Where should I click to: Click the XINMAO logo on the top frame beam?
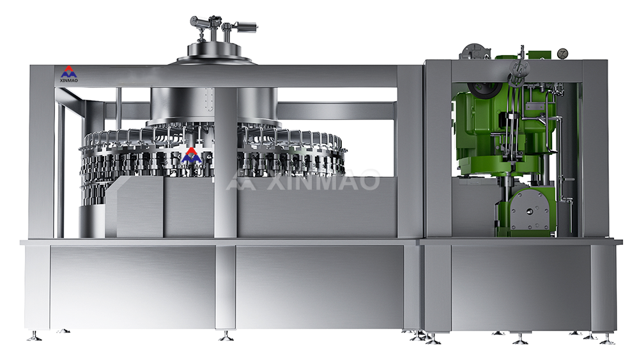point(69,74)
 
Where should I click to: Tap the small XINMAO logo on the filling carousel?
point(191,158)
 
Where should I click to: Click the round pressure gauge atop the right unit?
point(563,54)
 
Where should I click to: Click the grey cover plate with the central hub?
point(529,210)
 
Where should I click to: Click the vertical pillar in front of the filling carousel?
point(226,162)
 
